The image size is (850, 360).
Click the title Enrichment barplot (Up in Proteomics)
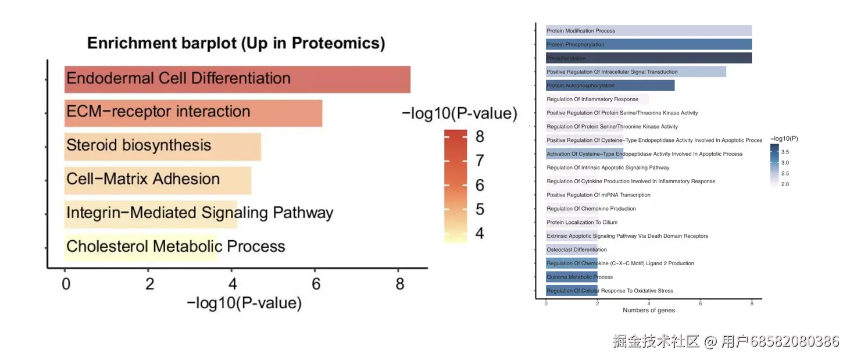[x=235, y=43]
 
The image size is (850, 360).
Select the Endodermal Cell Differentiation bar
[x=237, y=79]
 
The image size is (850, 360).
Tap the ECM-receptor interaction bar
[x=193, y=113]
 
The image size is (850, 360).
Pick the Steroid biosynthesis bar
[x=163, y=147]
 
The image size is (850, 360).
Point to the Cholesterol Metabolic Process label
[x=176, y=247]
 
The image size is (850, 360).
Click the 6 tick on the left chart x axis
[x=316, y=284]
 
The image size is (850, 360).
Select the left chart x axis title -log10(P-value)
[x=244, y=303]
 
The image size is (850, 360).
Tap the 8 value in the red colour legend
[x=480, y=137]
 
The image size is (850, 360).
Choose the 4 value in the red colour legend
[x=480, y=234]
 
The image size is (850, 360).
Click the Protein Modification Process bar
[x=648, y=31]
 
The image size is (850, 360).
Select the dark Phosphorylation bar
[x=648, y=58]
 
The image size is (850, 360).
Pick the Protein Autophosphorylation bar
[x=610, y=85]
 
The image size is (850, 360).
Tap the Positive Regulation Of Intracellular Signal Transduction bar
[x=635, y=72]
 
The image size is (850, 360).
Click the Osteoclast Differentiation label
[x=577, y=250]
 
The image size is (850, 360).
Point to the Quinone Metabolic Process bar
[x=572, y=277]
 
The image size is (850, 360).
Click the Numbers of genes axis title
[x=649, y=311]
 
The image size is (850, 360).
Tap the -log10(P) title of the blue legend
[x=784, y=138]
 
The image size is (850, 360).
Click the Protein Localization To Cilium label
[x=582, y=223]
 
